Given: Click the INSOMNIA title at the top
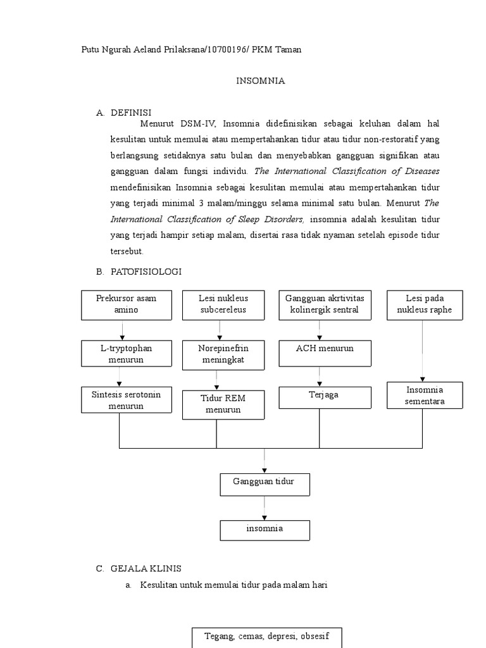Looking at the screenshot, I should point(261,81).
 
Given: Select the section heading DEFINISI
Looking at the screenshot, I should point(131,113).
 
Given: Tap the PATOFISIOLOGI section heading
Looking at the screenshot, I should point(146,271).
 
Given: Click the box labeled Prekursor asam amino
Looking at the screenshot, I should point(126,304).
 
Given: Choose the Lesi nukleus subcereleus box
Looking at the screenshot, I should point(223,304).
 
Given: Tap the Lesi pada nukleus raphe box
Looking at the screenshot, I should point(425,304).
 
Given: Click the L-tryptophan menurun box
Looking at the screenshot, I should point(126,354).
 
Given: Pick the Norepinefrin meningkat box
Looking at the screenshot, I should point(223,354).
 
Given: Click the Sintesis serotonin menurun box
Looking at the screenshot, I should point(126,401).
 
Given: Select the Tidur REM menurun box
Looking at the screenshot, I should point(223,404).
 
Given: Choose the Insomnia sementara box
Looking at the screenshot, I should point(425,396).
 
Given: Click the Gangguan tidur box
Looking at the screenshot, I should point(265,484).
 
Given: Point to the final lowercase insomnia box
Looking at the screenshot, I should point(265,530).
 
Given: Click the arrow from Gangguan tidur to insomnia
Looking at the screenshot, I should point(265,508).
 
